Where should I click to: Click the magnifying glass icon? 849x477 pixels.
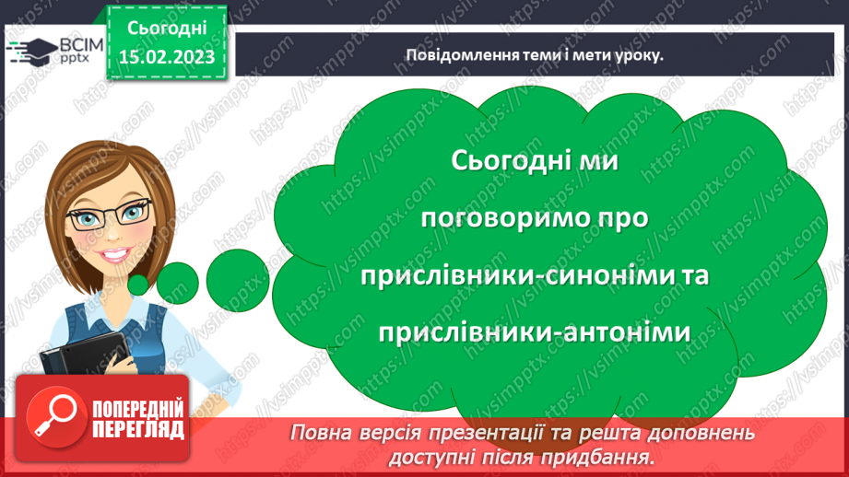point(52,415)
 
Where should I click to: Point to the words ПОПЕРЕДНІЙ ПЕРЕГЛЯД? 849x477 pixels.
point(137,417)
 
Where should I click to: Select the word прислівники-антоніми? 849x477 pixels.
point(534,332)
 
